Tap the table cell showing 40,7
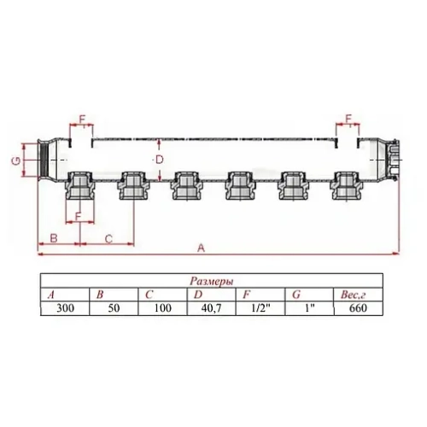pos(200,307)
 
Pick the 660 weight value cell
pos(357,307)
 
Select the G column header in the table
pos(295,294)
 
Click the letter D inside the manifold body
pos(158,159)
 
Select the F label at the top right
pos(348,117)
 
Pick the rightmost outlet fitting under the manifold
pos(346,185)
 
